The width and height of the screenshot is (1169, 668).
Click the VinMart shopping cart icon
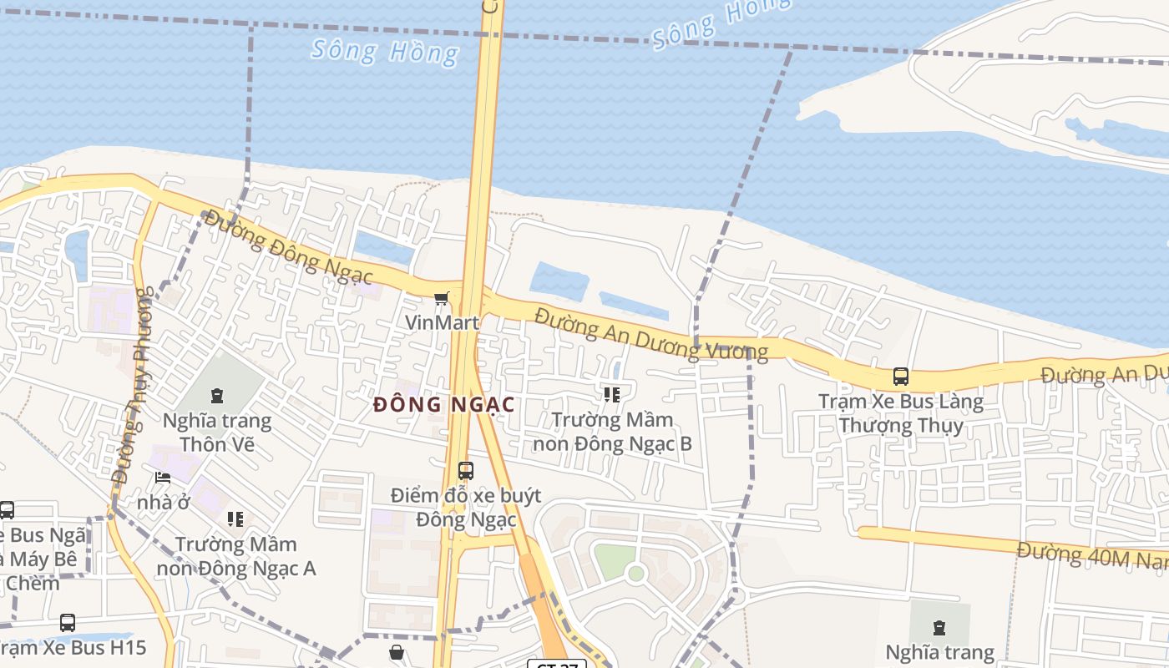(x=442, y=298)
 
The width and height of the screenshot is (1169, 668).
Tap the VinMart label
(x=442, y=322)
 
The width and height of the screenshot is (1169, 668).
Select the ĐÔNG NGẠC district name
(x=443, y=405)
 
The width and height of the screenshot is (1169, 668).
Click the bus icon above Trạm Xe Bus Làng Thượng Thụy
(x=901, y=377)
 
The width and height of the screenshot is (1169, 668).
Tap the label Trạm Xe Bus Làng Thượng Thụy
(x=901, y=413)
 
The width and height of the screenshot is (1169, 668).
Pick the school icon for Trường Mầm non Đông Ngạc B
(x=612, y=394)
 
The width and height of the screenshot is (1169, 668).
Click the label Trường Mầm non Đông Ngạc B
(x=612, y=432)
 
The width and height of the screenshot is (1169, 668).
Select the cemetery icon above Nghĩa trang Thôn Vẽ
(x=217, y=395)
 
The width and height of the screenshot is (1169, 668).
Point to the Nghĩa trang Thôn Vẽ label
(x=217, y=432)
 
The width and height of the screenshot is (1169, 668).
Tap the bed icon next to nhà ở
(x=163, y=478)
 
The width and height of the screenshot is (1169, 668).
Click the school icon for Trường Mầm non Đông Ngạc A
(x=235, y=519)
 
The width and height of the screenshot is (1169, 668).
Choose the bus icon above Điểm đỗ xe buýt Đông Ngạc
(x=466, y=470)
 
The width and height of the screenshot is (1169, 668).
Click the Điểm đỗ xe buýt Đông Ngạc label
(x=466, y=508)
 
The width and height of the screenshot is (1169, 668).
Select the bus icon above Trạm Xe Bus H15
(x=68, y=623)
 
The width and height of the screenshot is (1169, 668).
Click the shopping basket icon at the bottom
(x=397, y=652)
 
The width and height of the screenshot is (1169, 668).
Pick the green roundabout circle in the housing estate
(x=636, y=574)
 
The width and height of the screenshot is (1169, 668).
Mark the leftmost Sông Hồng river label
(x=385, y=51)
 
